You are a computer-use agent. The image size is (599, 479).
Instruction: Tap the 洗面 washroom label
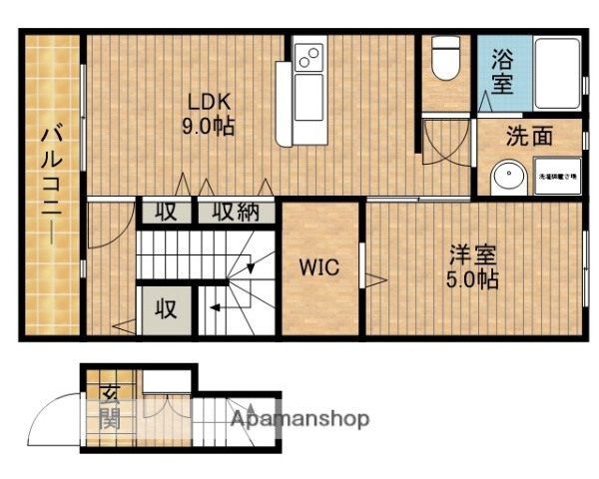(528, 138)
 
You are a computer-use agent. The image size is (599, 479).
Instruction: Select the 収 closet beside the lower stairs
(165, 309)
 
